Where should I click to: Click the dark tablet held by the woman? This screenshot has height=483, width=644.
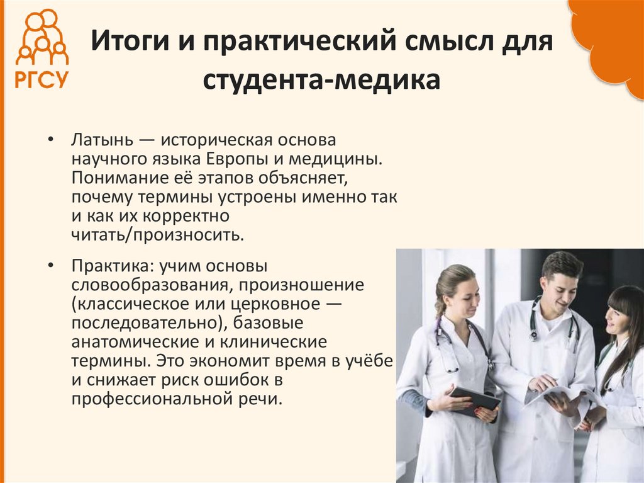475,398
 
